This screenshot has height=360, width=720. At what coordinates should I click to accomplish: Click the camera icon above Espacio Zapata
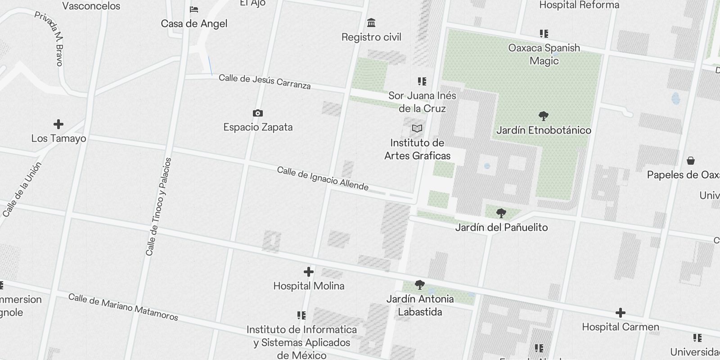(258, 113)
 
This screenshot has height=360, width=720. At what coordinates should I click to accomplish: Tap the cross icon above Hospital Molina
(309, 272)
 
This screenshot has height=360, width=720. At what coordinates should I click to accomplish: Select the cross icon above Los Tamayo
(58, 124)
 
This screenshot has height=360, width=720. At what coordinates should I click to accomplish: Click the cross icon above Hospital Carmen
(621, 313)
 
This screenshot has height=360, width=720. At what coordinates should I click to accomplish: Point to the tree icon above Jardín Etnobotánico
(544, 116)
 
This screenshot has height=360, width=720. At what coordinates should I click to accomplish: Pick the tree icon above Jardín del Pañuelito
(501, 213)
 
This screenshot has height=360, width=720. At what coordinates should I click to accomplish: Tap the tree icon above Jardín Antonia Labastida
(420, 284)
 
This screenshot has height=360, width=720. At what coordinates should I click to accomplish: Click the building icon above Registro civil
(371, 22)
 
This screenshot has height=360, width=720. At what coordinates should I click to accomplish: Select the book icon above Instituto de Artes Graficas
(417, 129)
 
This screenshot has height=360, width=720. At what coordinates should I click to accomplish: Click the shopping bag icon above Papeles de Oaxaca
(691, 161)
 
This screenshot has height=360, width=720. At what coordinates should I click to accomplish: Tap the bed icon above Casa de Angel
(194, 9)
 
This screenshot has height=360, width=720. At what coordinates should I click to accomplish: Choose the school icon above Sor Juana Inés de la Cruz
(422, 81)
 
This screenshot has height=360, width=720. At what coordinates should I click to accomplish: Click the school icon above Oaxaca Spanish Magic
(544, 34)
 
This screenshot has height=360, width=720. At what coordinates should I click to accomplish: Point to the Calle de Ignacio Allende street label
(323, 178)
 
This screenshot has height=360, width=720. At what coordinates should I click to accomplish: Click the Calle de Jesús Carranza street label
(265, 81)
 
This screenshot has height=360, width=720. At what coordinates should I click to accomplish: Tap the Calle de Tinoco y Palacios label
(158, 207)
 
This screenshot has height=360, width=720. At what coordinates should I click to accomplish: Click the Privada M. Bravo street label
(49, 39)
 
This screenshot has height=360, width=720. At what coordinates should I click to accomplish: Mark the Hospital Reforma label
(579, 5)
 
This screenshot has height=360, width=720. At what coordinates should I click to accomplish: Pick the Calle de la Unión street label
(22, 189)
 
